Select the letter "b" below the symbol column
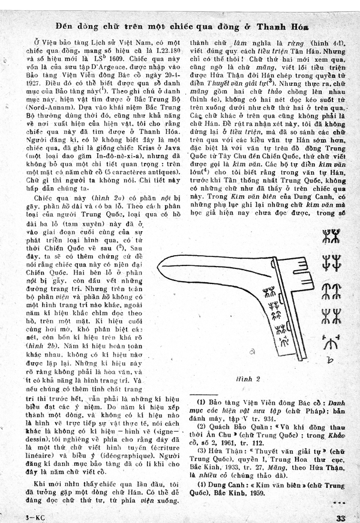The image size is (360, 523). click(327, 360)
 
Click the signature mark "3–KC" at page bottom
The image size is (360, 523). click(17, 517)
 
